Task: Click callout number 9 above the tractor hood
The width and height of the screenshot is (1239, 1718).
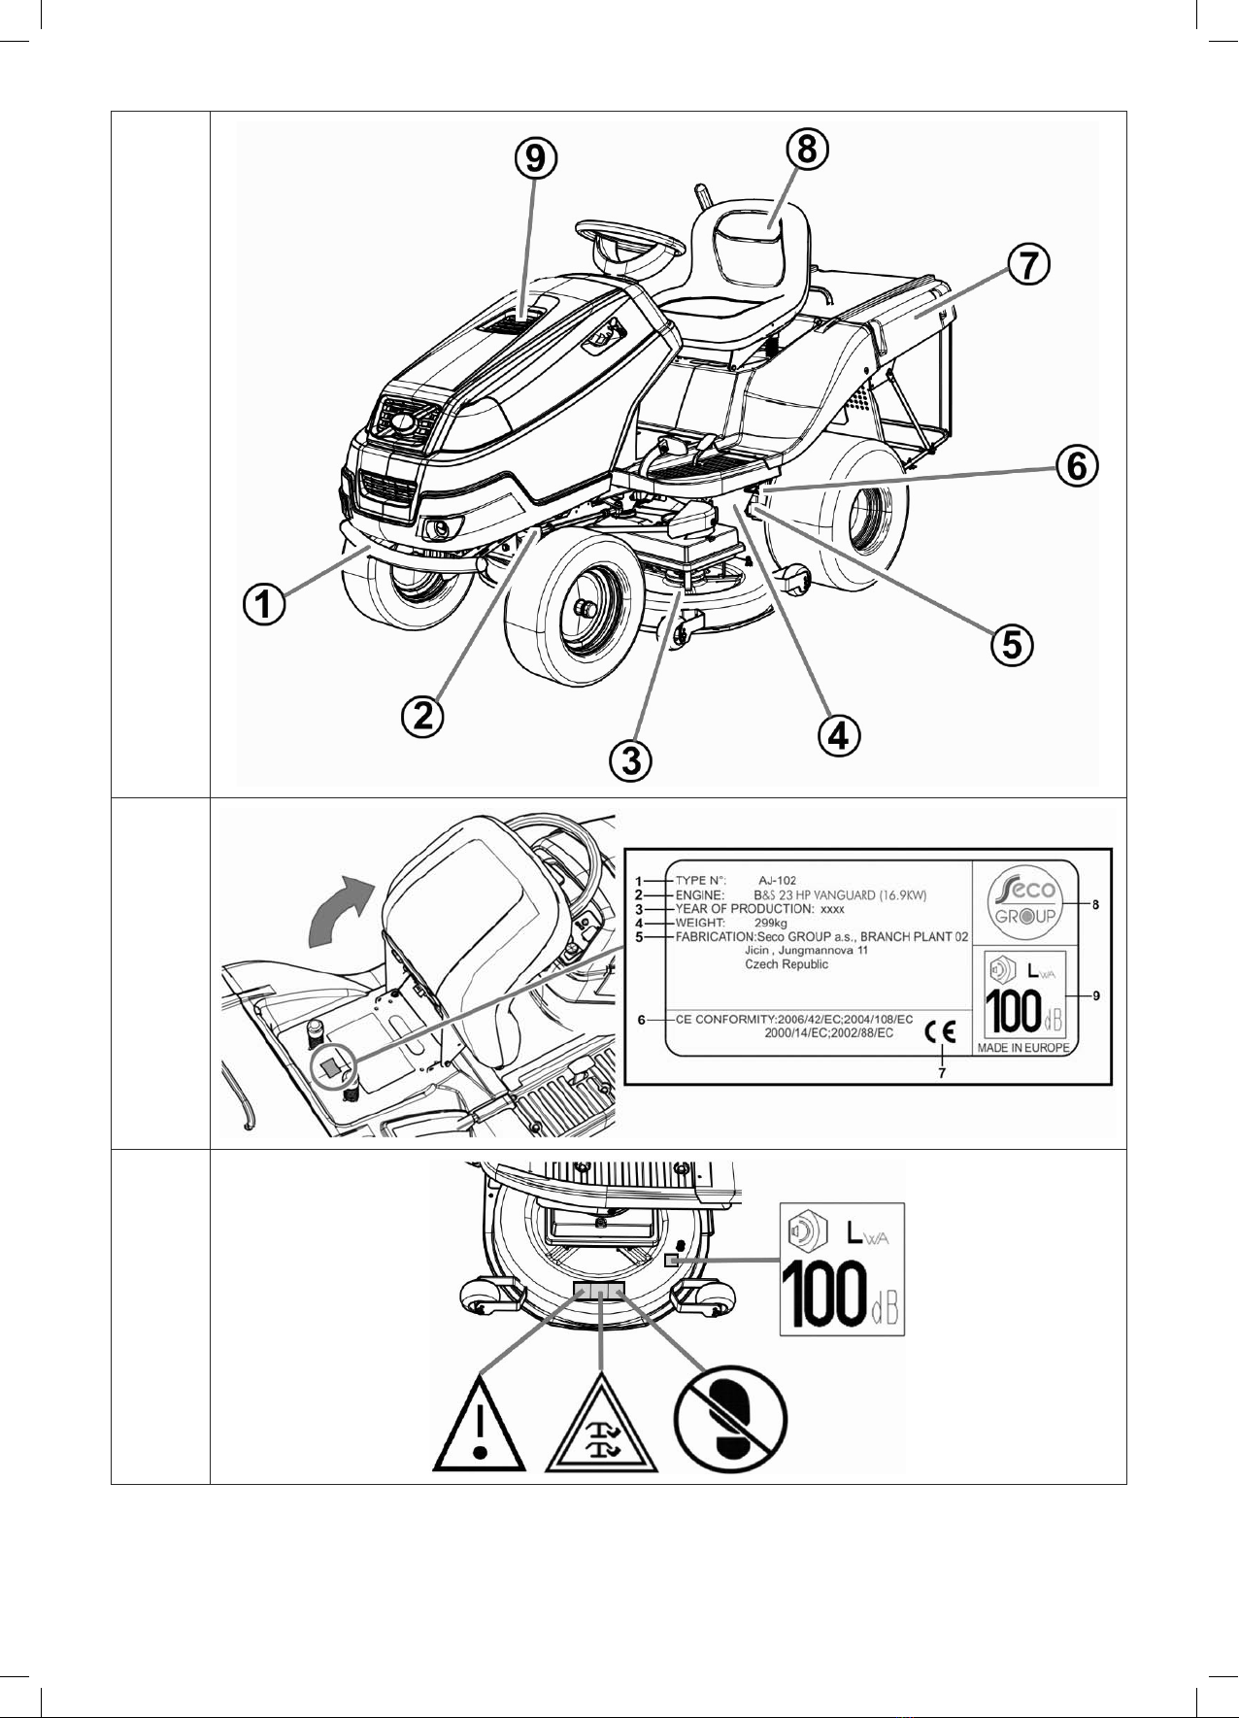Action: [535, 158]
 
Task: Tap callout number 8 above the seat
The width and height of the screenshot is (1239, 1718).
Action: [808, 150]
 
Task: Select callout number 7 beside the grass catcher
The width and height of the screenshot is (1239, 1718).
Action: [1028, 264]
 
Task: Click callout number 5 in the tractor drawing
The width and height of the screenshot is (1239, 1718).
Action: [1012, 644]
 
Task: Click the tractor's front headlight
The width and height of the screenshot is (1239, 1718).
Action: [439, 528]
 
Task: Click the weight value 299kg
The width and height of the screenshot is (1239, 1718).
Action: [771, 923]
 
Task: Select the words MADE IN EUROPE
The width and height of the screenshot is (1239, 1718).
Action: [1023, 1048]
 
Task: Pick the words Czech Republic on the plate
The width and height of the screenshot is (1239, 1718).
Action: [787, 964]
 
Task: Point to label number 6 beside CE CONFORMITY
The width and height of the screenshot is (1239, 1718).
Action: [642, 1021]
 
